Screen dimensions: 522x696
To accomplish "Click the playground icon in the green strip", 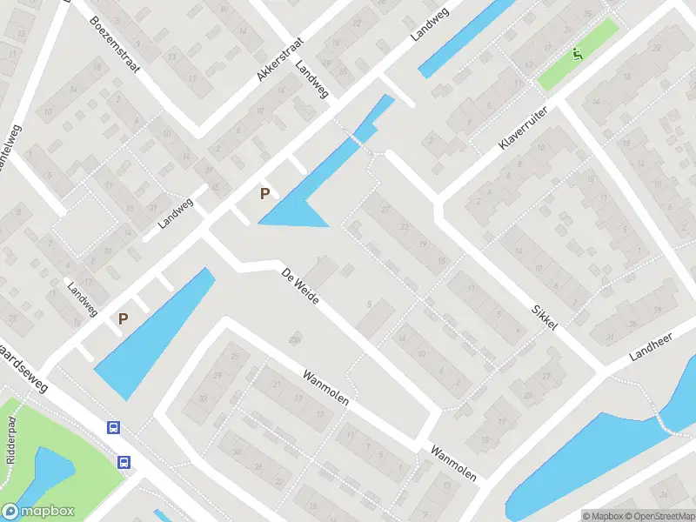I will click(577, 55).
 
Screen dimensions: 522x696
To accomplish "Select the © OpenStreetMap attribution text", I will click(654, 516).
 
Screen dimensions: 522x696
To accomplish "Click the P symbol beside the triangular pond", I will click(264, 193).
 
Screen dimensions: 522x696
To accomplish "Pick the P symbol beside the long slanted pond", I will click(124, 318).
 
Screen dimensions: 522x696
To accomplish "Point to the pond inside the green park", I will click(48, 474).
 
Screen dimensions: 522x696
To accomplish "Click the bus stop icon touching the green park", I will click(124, 463).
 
